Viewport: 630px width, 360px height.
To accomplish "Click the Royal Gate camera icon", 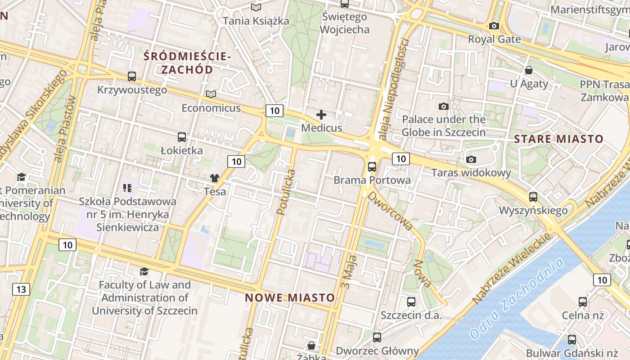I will pyautogui.click(x=494, y=26).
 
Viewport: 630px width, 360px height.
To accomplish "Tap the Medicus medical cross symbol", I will pyautogui.click(x=321, y=115).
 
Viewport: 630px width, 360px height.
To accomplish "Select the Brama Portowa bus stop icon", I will pyautogui.click(x=372, y=167).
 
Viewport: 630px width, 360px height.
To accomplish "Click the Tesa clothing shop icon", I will pyautogui.click(x=215, y=178).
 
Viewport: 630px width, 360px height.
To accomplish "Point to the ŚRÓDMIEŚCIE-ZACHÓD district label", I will pyautogui.click(x=187, y=63).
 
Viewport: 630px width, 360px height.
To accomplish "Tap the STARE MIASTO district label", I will pyautogui.click(x=558, y=139).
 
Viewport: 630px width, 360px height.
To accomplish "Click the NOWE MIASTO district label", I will pyautogui.click(x=290, y=297).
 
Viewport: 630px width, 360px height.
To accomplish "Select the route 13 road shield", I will pyautogui.click(x=21, y=289).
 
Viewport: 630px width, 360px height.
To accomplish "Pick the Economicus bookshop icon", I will pyautogui.click(x=211, y=94).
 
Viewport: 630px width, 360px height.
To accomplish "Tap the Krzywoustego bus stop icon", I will pyautogui.click(x=132, y=76).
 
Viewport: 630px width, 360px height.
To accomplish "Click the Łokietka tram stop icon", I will pyautogui.click(x=182, y=137).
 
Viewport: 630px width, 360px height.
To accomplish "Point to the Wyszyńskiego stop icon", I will pyautogui.click(x=533, y=197).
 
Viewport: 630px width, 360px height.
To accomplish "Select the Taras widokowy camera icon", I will pyautogui.click(x=471, y=159).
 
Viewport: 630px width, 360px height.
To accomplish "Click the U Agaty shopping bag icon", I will pyautogui.click(x=529, y=70).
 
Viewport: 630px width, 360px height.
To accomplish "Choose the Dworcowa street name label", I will pyautogui.click(x=390, y=211).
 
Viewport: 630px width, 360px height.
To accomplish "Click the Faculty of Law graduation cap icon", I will pyautogui.click(x=144, y=271).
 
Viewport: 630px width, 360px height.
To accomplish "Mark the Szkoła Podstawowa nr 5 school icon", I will pyautogui.click(x=127, y=188).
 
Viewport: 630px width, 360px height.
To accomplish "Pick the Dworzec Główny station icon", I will pyautogui.click(x=377, y=337).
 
